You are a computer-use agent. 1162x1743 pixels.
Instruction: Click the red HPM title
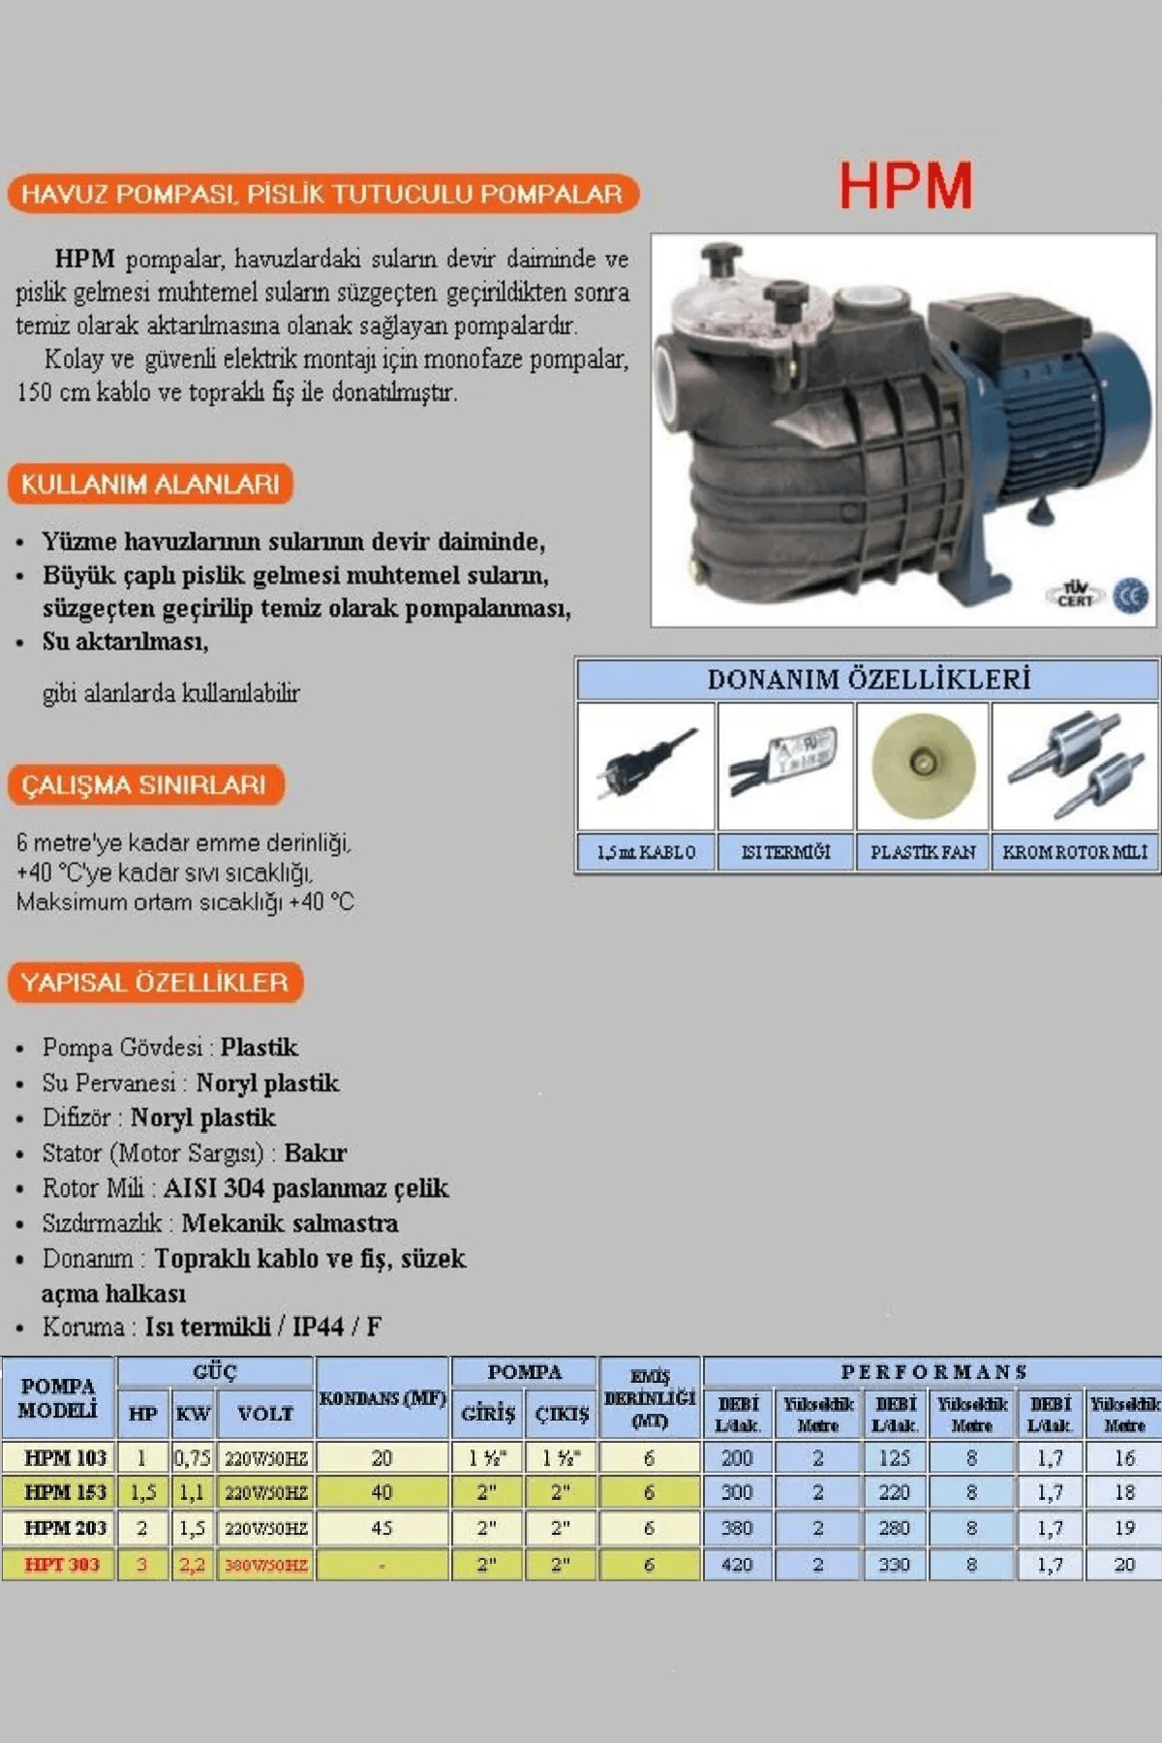pos(905,185)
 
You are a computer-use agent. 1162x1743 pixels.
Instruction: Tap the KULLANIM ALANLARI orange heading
pos(150,484)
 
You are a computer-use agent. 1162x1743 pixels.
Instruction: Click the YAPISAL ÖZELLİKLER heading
pos(155,983)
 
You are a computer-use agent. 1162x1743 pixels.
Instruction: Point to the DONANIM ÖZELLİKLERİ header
pos(868,680)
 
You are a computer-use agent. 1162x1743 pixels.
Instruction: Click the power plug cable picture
pos(646,766)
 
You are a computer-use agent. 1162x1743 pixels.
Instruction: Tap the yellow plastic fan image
pos(922,765)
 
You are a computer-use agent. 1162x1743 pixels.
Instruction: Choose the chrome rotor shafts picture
pos(1075,766)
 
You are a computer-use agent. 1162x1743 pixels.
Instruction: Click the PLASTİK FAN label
pos(923,852)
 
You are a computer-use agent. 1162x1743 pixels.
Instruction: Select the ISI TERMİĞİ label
pos(785,852)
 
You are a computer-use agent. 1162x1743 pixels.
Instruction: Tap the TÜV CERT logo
pos(1075,594)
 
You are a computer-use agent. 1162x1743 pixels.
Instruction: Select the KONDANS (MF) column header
pos(382,1399)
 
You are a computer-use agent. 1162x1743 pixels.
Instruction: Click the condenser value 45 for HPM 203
pos(382,1528)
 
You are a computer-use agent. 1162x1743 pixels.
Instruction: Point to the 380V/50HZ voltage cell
pos(266,1565)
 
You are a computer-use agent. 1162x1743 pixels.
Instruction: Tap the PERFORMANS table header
pos(933,1371)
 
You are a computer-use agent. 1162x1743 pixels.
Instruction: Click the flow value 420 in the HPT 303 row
pos(737,1565)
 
